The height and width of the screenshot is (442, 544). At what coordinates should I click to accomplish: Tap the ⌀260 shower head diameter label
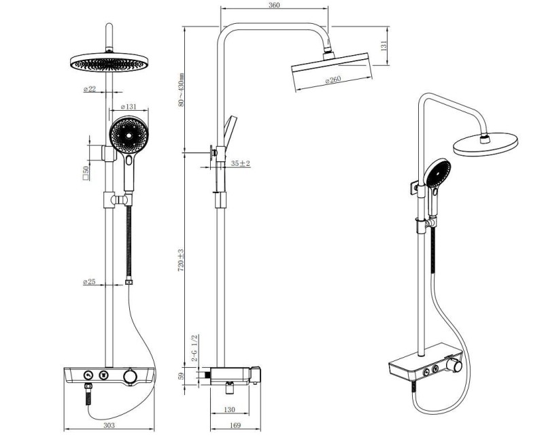pos(333,80)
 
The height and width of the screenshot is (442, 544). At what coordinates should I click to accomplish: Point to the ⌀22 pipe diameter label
pos(89,89)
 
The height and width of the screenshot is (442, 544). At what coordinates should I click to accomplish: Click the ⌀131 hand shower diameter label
pos(129,107)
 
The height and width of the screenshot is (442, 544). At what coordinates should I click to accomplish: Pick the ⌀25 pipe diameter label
pos(89,282)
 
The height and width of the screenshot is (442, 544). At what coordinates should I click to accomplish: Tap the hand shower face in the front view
pos(127,136)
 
